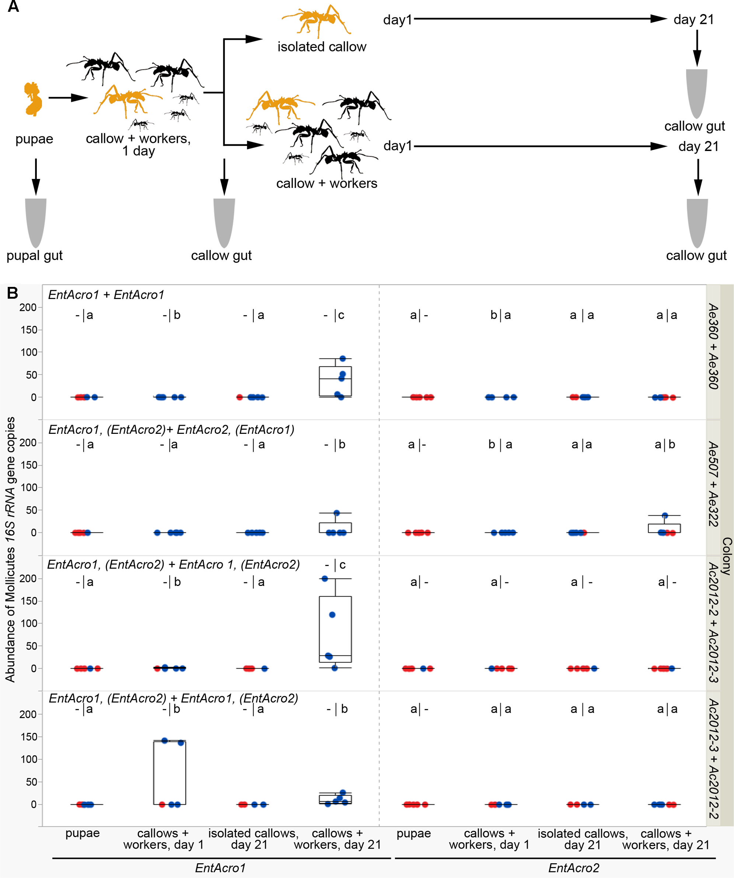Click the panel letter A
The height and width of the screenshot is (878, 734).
coord(13,7)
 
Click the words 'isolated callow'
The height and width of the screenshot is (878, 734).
coord(322,47)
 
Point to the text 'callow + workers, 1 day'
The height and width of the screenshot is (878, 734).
coord(138,144)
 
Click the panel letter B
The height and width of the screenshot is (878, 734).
coord(13,293)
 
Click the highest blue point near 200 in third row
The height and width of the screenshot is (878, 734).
coord(325,579)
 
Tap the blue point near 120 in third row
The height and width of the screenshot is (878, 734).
coord(332,615)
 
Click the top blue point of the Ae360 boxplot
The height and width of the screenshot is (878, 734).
coord(343,358)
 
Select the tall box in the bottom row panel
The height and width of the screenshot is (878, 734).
coord(169,772)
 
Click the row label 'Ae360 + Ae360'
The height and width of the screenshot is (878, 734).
coord(713,347)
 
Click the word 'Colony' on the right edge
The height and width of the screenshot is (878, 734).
coord(727,556)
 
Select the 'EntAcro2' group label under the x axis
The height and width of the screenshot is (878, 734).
coord(573,868)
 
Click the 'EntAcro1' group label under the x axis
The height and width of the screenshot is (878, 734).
coord(220,868)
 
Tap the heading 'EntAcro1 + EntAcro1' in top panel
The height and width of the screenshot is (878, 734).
coord(106,295)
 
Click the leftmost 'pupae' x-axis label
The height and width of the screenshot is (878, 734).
coord(83,833)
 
